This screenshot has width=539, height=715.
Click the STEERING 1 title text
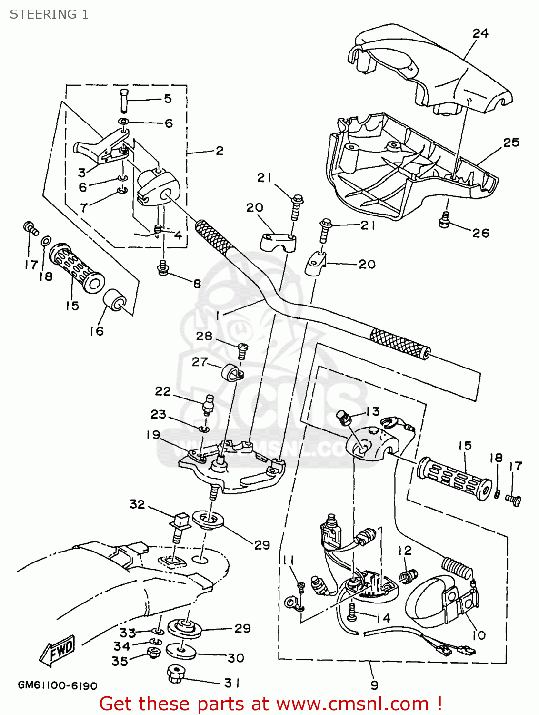tap(49, 14)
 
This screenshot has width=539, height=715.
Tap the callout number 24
tap(480, 33)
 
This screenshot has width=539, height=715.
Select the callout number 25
tap(511, 142)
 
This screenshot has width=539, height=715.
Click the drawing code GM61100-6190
tap(57, 685)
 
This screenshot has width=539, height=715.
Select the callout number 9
tap(374, 685)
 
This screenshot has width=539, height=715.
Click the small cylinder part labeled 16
tap(114, 303)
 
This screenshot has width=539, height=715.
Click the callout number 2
tap(219, 151)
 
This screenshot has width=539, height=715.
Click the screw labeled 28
tap(242, 352)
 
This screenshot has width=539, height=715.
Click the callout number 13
tap(373, 411)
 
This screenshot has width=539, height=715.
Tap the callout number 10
tap(479, 635)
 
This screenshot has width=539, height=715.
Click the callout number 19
tap(153, 434)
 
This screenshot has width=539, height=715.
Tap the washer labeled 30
tap(181, 651)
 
